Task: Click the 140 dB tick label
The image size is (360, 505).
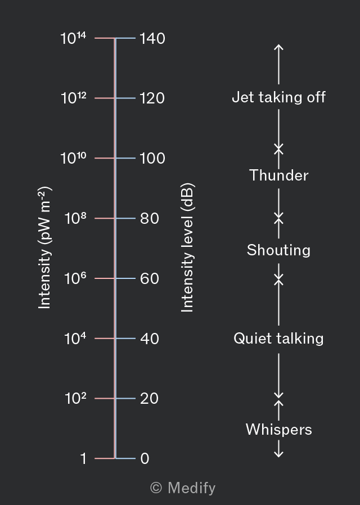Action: (x=152, y=38)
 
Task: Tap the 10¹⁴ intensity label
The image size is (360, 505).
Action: (x=74, y=38)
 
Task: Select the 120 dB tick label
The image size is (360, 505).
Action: (x=152, y=98)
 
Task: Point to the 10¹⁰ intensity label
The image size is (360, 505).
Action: (x=74, y=158)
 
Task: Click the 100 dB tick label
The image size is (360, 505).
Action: (x=152, y=158)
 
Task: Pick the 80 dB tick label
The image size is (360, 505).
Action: (x=150, y=218)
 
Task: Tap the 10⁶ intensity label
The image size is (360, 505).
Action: (x=75, y=278)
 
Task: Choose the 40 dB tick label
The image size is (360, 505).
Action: (x=150, y=339)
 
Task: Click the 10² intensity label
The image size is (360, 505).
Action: (x=75, y=398)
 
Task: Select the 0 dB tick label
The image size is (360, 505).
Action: (x=145, y=458)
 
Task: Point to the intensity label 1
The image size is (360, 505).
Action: (x=83, y=458)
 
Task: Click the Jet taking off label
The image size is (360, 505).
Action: (x=278, y=97)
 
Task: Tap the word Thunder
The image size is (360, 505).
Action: (x=278, y=175)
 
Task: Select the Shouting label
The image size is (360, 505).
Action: (x=278, y=250)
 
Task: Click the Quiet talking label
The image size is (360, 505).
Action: (x=278, y=339)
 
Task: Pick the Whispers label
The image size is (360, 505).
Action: (x=278, y=429)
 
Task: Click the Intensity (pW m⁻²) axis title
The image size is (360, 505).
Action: (x=44, y=247)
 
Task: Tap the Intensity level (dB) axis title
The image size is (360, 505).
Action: (x=187, y=247)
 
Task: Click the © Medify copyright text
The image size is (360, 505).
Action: (x=183, y=488)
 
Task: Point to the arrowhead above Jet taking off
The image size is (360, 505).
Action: (x=278, y=47)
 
